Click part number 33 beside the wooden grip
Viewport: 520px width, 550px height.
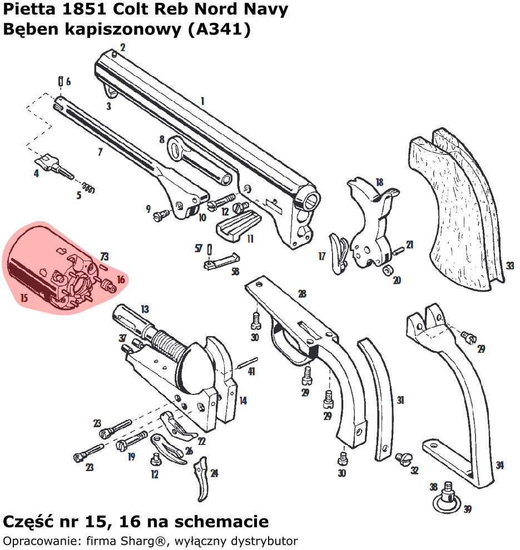(x=510, y=266)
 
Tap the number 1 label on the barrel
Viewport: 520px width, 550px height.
(x=202, y=101)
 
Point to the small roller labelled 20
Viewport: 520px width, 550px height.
(x=389, y=270)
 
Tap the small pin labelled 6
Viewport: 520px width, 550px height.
(x=61, y=81)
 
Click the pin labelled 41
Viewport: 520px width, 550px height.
(x=247, y=363)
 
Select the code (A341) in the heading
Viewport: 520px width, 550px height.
(x=220, y=29)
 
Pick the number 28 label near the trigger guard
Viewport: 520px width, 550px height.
(x=303, y=294)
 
